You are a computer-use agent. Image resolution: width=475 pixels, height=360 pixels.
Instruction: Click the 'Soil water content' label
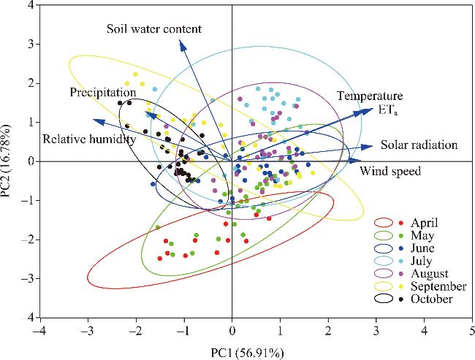[153, 28]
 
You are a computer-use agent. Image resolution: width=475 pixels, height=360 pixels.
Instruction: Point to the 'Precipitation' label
[103, 93]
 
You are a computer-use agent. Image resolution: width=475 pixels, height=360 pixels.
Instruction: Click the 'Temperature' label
[370, 96]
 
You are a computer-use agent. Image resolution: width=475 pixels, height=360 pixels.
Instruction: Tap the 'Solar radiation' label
[419, 145]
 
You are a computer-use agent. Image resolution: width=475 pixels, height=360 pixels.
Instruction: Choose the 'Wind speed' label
[391, 172]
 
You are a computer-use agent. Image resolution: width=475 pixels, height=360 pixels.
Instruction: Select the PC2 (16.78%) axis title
[8, 161]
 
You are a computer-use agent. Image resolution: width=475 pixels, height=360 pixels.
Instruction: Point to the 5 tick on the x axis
[472, 329]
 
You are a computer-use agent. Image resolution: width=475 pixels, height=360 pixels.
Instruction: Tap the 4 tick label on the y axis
[31, 5]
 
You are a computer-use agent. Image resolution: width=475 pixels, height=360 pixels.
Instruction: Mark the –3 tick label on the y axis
[28, 279]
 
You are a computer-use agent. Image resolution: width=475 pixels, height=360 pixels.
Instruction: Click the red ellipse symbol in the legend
[387, 223]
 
